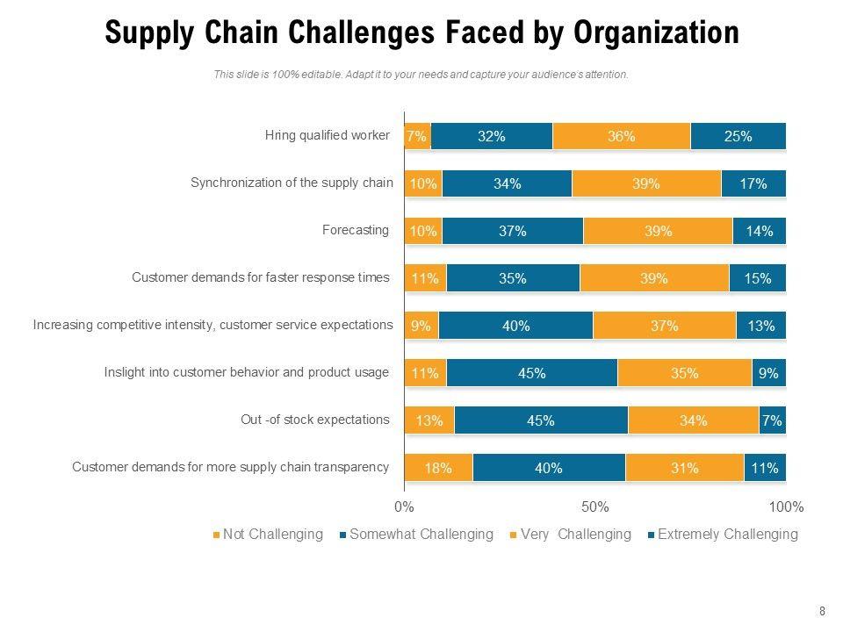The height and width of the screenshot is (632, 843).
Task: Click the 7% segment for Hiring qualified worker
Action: point(417,136)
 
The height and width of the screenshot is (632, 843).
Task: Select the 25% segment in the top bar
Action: point(738,136)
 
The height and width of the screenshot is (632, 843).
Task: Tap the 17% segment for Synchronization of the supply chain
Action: point(753,183)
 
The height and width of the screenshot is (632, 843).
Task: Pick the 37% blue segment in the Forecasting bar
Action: point(512,231)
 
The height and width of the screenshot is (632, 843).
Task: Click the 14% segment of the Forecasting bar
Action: point(759,231)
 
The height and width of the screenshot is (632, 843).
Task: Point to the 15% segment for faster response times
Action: point(757,278)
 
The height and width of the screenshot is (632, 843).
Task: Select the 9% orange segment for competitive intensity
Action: point(421,326)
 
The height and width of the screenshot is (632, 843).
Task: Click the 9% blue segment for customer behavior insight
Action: point(768,373)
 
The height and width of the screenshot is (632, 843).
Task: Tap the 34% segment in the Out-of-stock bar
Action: point(693,420)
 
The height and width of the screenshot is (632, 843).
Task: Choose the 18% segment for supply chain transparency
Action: point(437,468)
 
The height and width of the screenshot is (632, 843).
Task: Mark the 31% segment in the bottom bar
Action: point(684,468)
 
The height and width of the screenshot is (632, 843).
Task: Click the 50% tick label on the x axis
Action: point(594,506)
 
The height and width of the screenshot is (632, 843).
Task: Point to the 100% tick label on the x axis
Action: point(786,506)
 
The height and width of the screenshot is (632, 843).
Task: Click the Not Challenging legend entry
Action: point(267,534)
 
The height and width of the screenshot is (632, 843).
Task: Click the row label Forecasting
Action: point(356,230)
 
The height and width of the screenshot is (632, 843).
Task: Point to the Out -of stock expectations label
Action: point(315,420)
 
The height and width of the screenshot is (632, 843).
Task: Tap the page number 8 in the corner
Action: point(822,611)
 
